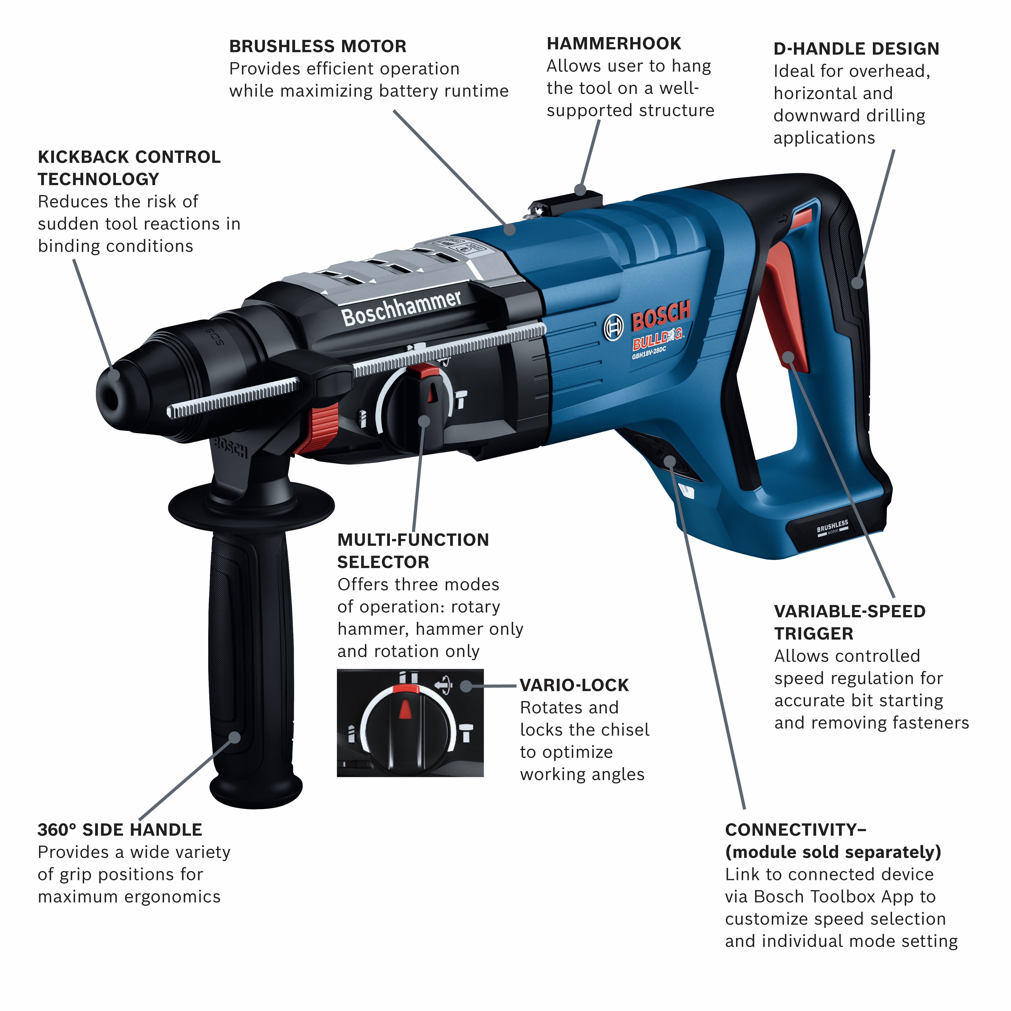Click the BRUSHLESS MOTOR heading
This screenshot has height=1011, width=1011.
318,47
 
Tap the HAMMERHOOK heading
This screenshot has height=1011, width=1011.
614,44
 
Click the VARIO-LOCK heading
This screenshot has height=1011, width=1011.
574,685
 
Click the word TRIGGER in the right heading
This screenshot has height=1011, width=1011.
814,634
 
